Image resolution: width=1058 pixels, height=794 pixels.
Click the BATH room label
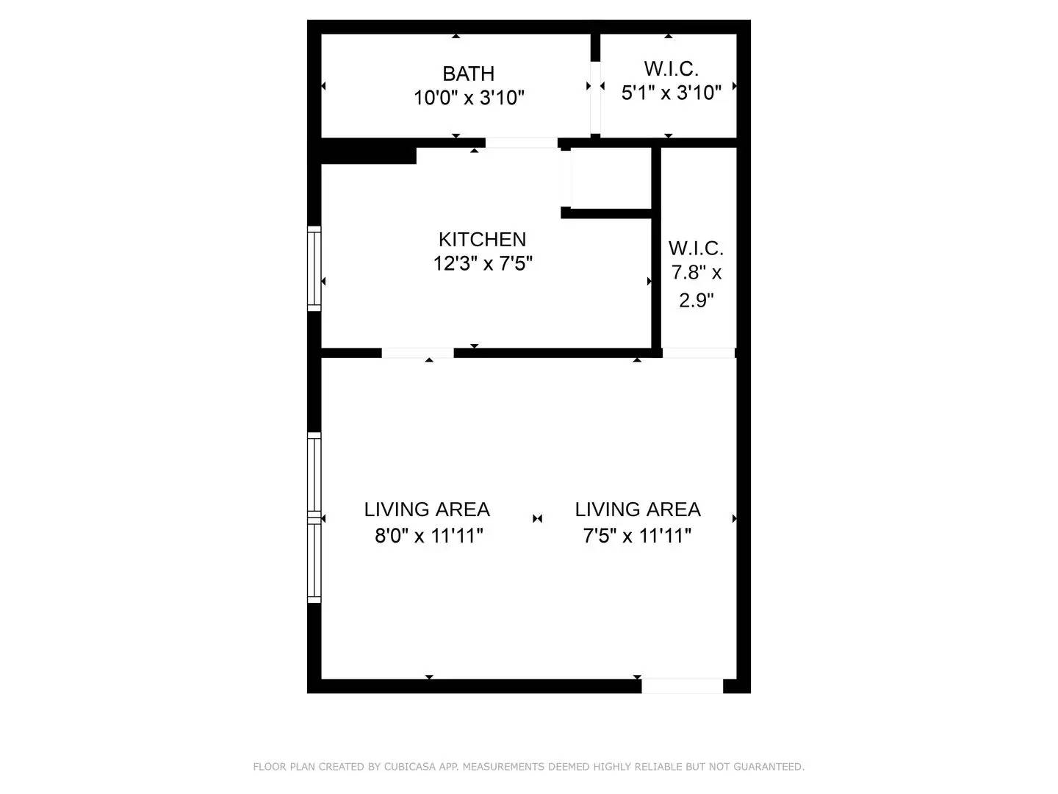[x=468, y=74]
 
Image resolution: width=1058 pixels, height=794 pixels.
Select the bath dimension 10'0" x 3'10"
[x=469, y=97]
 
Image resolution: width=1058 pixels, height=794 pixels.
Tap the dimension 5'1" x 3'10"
[x=671, y=93]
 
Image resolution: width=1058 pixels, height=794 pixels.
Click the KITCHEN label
[x=482, y=239]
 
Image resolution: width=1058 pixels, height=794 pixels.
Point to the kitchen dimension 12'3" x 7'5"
[x=483, y=262]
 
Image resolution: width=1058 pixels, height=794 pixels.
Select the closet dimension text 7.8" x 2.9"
[x=696, y=286]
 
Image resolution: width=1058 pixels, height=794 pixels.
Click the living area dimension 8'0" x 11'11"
[x=428, y=535]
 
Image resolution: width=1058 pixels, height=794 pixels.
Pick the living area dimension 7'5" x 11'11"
[x=637, y=535]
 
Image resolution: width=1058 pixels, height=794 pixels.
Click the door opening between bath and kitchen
[x=522, y=143]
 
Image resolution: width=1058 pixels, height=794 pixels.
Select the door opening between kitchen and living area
[x=417, y=353]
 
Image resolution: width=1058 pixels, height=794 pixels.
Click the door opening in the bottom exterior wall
[x=683, y=686]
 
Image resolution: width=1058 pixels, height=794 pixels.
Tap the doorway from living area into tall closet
[x=699, y=353]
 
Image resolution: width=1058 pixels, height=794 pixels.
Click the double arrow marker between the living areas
[x=537, y=518]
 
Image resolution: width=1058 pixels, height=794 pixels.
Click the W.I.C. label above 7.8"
[x=696, y=248]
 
